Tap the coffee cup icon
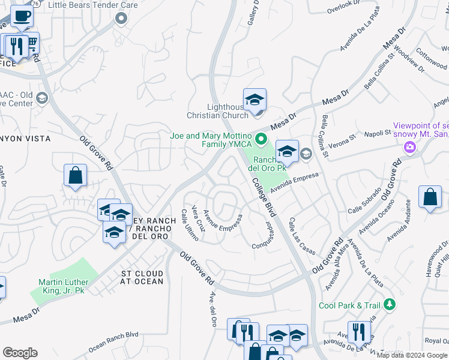click(22, 16)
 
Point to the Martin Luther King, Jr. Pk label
click(64, 286)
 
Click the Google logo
click(20, 353)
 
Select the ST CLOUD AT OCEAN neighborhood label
click(142, 277)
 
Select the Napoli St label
click(369, 136)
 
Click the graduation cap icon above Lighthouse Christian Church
click(255, 100)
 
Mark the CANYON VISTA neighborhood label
click(24, 139)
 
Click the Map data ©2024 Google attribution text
click(411, 355)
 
